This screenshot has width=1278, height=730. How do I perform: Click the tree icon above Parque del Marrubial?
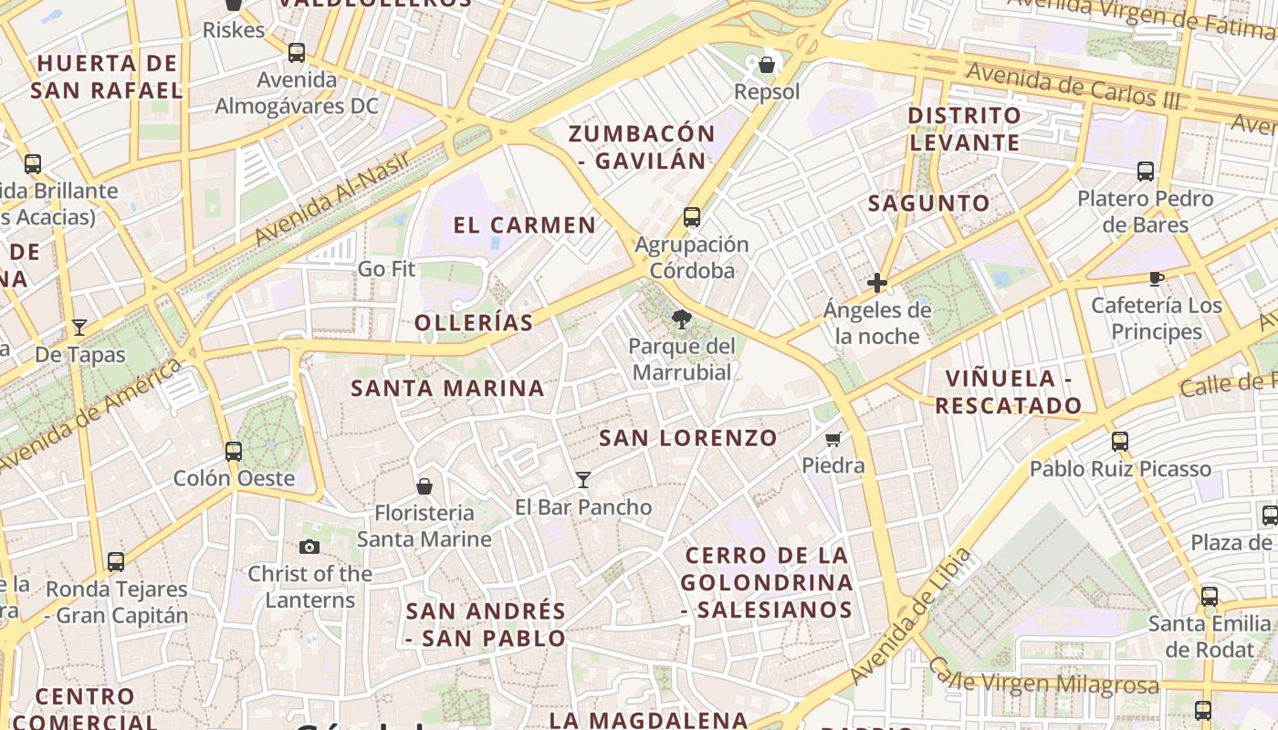(680, 318)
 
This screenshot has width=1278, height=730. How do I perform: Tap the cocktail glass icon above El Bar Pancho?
(583, 479)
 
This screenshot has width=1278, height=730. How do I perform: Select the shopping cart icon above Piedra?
(833, 440)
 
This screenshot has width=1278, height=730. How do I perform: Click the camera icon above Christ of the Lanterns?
(309, 547)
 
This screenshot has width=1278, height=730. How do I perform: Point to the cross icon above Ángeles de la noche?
(877, 283)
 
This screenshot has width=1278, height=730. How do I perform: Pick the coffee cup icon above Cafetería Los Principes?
(1157, 278)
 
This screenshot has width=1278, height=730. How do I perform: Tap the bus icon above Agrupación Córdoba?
(692, 217)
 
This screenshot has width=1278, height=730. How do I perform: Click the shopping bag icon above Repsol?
(767, 65)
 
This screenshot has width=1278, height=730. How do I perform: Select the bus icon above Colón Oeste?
(234, 451)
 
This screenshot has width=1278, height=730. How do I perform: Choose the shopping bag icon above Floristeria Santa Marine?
(424, 485)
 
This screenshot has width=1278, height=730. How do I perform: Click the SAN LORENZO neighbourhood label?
(687, 438)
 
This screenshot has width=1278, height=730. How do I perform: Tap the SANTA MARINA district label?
(447, 388)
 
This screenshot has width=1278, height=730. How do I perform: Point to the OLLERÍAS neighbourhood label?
(474, 322)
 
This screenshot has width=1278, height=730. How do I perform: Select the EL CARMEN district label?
(525, 224)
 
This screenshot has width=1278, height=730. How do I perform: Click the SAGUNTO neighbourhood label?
(928, 203)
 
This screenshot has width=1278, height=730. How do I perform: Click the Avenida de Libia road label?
(909, 616)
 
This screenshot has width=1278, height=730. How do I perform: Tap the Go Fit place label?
(386, 269)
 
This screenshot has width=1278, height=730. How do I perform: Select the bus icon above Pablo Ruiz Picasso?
(1120, 442)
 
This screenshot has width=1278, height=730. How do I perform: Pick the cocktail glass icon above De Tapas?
(79, 328)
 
